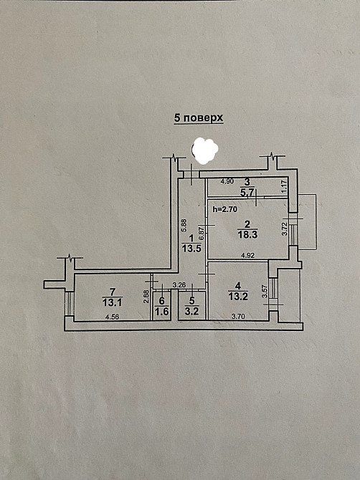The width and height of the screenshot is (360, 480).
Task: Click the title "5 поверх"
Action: pyautogui.click(x=199, y=117)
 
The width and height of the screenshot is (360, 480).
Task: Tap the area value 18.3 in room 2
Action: pyautogui.click(x=248, y=235)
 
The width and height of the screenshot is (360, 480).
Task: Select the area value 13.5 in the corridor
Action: pyautogui.click(x=191, y=249)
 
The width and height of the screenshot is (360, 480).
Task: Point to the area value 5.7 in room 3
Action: pyautogui.click(x=247, y=193)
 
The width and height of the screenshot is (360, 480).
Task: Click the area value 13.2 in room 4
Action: pyautogui.click(x=238, y=296)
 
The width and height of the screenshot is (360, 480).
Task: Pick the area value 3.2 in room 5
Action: pyautogui.click(x=191, y=312)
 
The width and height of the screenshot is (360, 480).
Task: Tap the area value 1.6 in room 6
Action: pyautogui.click(x=162, y=312)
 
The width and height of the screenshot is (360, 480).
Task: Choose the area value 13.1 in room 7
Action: pyautogui.click(x=113, y=303)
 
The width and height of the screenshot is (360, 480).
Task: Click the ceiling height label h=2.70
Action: pyautogui.click(x=225, y=209)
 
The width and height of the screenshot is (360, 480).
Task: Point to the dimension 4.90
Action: pyautogui.click(x=227, y=181)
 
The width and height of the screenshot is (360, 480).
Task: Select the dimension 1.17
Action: pyautogui.click(x=284, y=187)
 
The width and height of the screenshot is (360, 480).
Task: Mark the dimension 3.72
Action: pyautogui.click(x=284, y=229)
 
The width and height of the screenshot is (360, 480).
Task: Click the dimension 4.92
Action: pyautogui.click(x=248, y=255)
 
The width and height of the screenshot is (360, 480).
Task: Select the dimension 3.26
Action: pyautogui.click(x=179, y=285)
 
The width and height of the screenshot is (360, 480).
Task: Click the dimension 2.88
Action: pyautogui.click(x=146, y=297)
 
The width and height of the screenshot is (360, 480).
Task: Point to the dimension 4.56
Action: pyautogui.click(x=112, y=317)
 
